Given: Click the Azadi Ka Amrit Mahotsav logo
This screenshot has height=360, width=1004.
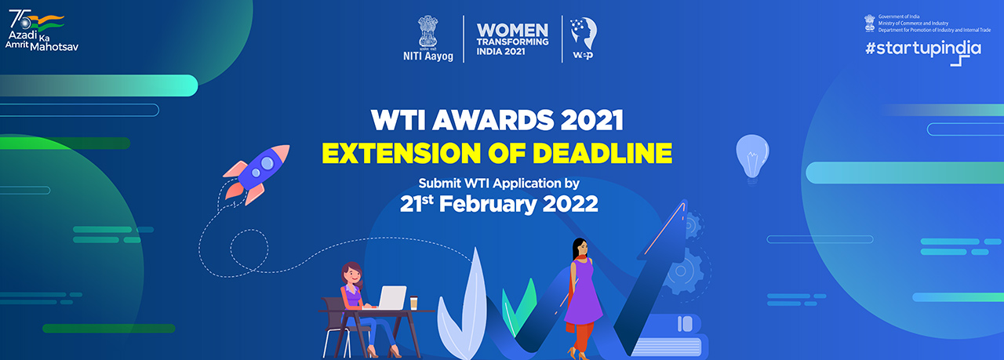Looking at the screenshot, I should click(x=44, y=31).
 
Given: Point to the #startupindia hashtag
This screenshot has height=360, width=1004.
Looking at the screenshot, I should click(x=922, y=48).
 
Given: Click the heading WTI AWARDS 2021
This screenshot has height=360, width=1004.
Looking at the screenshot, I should click(x=497, y=121).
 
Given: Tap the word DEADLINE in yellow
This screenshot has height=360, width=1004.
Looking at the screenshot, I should click(x=597, y=152).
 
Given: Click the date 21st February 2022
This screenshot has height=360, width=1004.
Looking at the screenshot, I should click(x=499, y=204).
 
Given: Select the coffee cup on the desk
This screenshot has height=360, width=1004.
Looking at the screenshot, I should click(x=413, y=303).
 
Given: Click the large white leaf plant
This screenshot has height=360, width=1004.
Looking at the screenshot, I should click(x=463, y=306).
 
